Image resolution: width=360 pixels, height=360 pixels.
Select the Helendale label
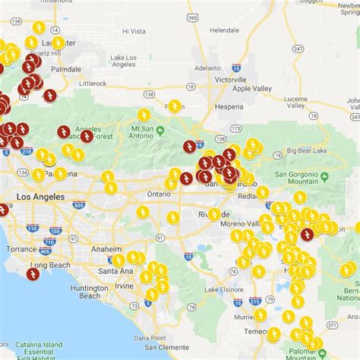(x=224, y=30)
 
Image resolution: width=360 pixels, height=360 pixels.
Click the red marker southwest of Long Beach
(x=33, y=274)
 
